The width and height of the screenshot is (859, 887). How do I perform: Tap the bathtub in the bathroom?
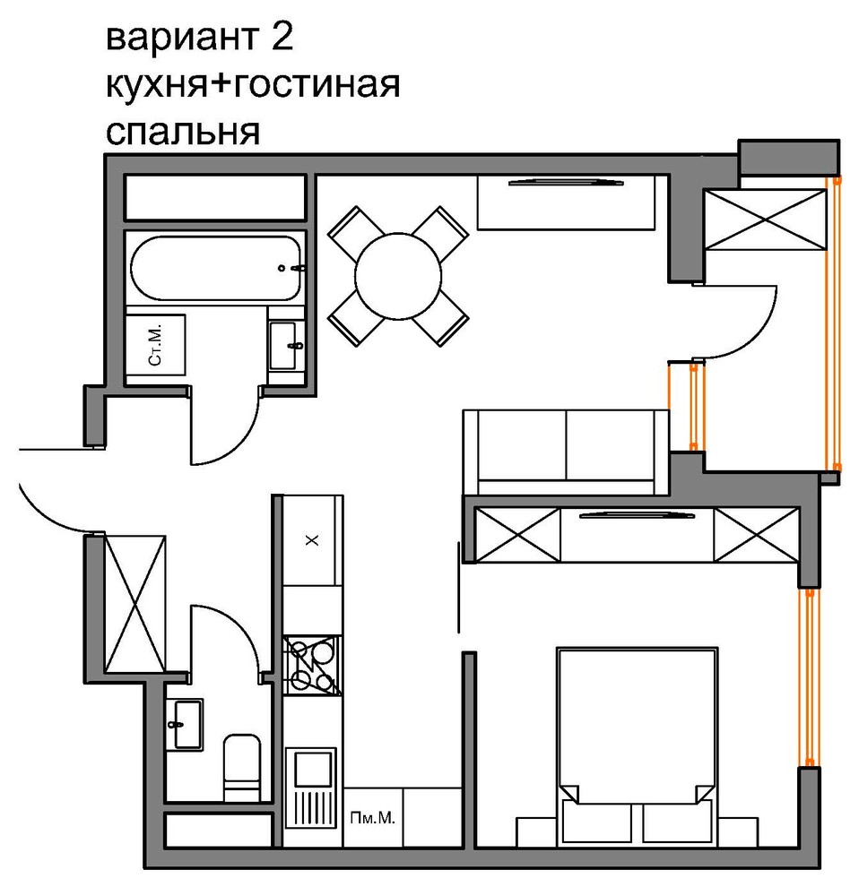pos(215,268)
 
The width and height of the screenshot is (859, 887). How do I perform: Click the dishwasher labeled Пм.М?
pos(372,817)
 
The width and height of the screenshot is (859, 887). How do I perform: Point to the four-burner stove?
pos(313,666)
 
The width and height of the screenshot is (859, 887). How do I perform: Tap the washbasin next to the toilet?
pos(186,723)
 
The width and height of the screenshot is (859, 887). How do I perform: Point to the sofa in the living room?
pos(565,452)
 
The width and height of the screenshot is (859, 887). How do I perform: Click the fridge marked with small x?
pos(312,540)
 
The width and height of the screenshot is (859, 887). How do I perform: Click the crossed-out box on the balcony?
pos(764,220)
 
